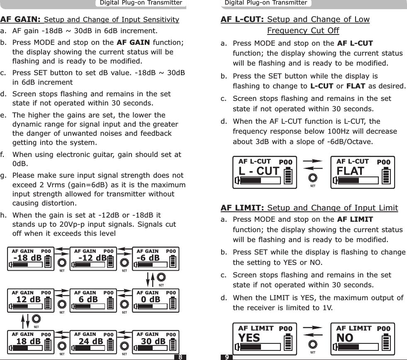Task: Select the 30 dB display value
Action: point(154,342)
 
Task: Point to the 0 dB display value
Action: point(151,299)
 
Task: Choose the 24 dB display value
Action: point(91,342)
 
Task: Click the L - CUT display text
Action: point(259,171)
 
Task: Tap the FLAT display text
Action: point(351,171)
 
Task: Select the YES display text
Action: point(249,338)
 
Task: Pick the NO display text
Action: point(345,338)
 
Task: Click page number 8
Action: point(180,357)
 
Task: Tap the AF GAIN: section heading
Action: point(20,20)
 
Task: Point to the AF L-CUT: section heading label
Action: point(243,20)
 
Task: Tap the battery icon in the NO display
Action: point(386,342)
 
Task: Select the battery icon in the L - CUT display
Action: point(288,175)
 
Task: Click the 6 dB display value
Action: point(88,299)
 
